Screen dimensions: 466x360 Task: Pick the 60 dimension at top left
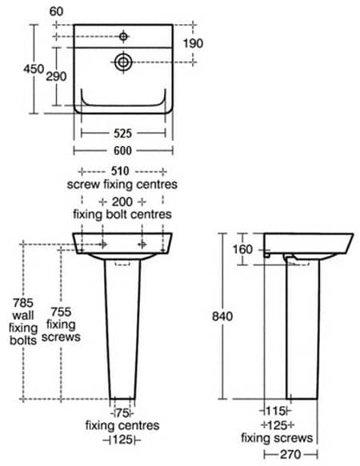pos(57,10)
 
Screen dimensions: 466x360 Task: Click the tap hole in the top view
pos(123,36)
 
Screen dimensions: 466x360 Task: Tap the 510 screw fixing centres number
pos(122,170)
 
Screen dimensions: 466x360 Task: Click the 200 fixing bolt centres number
pos(122,201)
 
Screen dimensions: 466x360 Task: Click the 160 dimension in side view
pos(243,249)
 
